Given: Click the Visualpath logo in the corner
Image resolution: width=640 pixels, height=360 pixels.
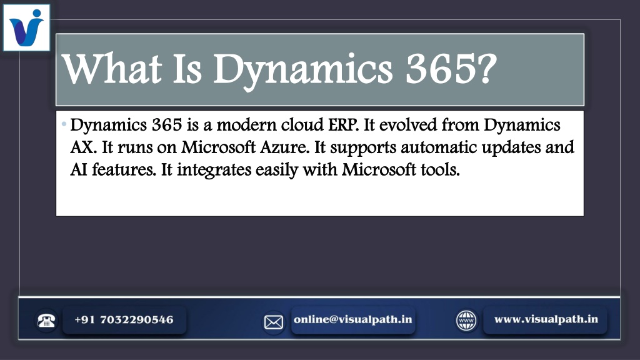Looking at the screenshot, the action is pos(26,27).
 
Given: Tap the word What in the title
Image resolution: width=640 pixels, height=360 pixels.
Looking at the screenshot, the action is pos(111,69).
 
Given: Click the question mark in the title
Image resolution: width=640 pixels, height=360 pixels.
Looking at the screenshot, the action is pos(487,69).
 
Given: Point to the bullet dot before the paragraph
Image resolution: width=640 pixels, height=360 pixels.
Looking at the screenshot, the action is pos(64,124).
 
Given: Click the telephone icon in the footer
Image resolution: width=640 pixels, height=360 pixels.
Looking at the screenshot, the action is pos(46,321).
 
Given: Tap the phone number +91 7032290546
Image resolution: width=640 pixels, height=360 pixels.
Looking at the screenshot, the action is pos(124,319).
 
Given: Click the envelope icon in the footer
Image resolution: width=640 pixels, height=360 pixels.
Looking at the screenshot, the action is pos(274,322).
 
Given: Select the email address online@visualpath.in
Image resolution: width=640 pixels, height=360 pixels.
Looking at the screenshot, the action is pos(353,319).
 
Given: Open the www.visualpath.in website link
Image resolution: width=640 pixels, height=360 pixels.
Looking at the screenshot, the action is pos(546,319).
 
